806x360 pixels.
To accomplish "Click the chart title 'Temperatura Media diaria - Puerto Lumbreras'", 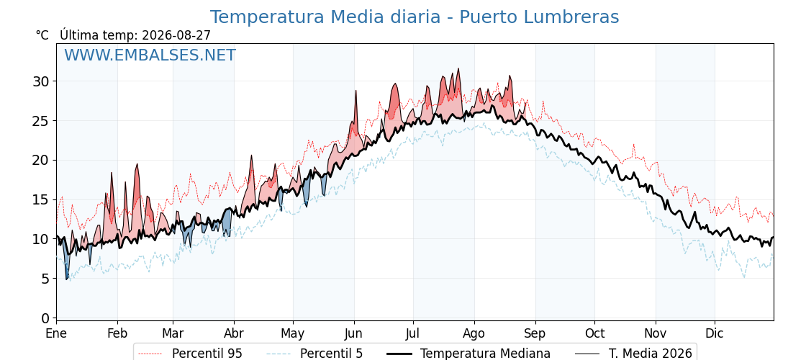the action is coord(415,17).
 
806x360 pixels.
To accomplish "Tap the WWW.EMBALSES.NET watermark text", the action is coord(150,55).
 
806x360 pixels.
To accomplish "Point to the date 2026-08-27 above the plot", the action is coord(176,35).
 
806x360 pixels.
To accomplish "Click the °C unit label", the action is coord(42,35).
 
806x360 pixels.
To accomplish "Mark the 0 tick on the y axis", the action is coord(45,318).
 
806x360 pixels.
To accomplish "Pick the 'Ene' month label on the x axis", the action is coord(57,333).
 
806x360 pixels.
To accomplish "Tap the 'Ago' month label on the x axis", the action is coord(474,334).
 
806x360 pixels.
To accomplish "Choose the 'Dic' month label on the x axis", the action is coord(715,333).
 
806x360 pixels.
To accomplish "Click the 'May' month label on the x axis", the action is coord(293,334).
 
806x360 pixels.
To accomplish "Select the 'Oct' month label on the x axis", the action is coord(594,333).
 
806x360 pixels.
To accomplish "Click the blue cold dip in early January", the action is coord(66,261).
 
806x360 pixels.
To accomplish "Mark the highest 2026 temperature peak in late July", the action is coord(458,69).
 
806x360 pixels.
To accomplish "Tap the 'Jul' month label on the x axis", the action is coord(413,333).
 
